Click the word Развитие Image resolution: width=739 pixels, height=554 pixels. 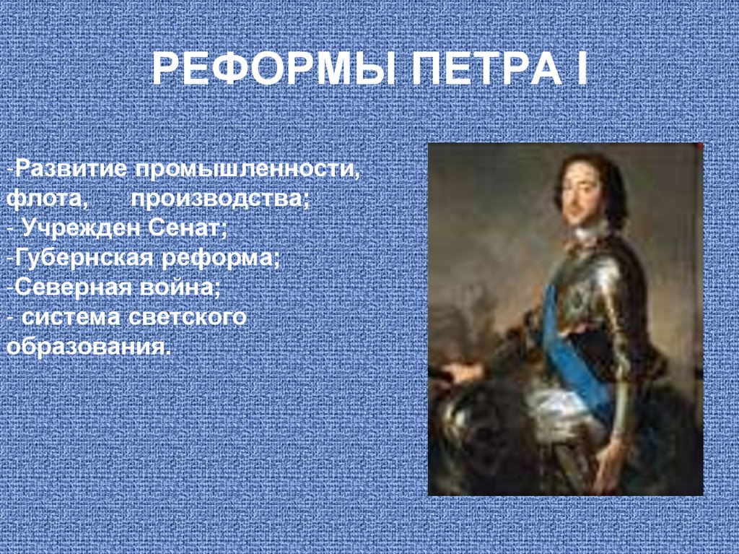click(x=71, y=168)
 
